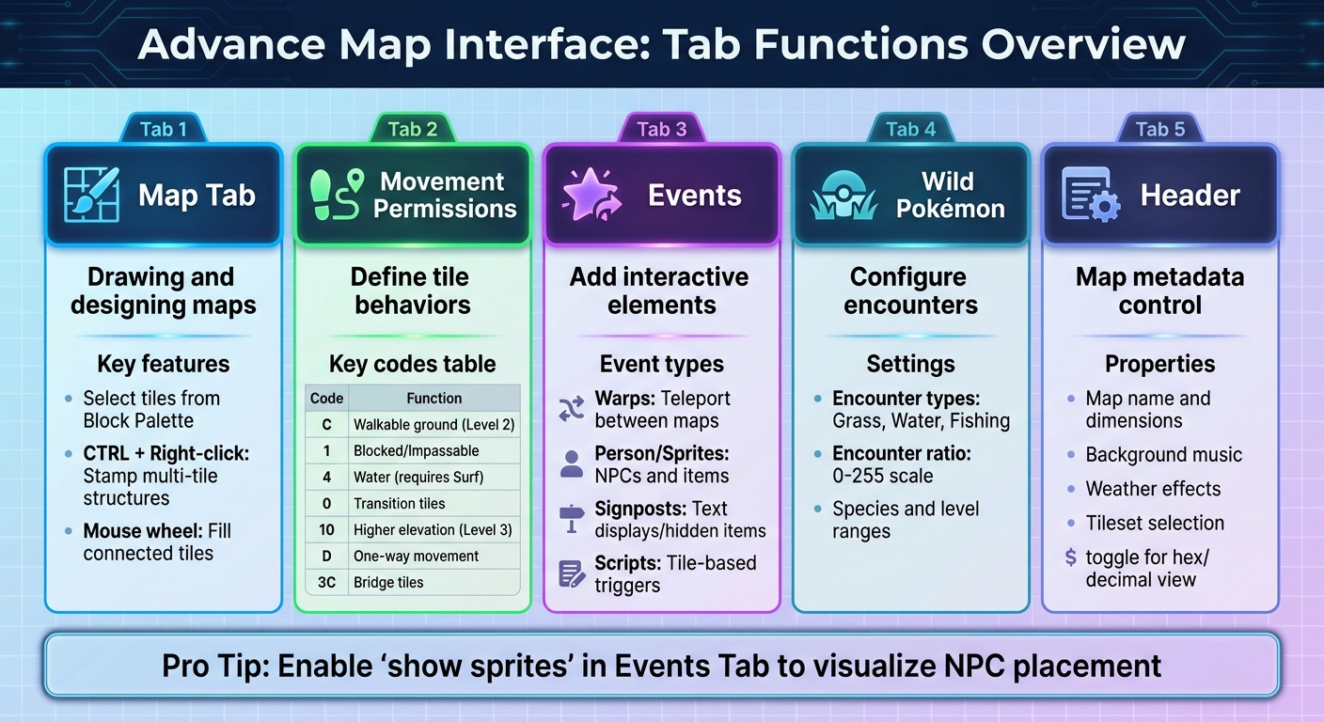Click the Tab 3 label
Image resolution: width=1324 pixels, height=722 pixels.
662,130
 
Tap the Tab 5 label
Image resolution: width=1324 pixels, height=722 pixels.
1159,130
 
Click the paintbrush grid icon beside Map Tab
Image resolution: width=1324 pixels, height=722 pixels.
91,195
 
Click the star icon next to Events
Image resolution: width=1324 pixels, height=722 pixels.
586,195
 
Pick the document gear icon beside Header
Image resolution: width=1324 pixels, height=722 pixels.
1090,195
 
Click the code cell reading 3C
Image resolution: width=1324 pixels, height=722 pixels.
326,582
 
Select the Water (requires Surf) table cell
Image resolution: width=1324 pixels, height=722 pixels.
418,477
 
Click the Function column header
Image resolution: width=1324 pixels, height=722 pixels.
433,398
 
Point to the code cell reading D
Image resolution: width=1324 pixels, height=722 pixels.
326,556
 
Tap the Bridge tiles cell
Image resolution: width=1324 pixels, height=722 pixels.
388,582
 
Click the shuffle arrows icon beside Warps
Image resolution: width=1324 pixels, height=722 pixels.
571,408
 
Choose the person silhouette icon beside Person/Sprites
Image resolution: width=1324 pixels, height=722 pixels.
571,463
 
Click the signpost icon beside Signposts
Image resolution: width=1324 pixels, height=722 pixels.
571,519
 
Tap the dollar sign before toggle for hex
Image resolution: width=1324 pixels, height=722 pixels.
1071,557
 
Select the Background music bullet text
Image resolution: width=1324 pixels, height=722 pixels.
1163,455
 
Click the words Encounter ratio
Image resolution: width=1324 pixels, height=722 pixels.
901,453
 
